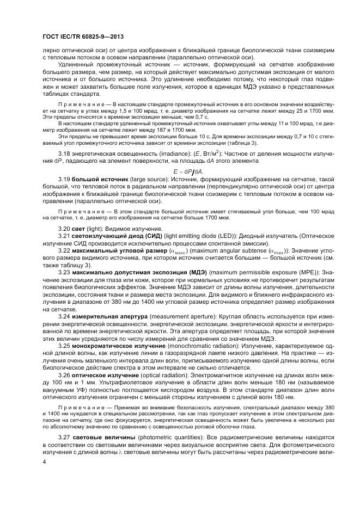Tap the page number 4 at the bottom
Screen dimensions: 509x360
[44, 462]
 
